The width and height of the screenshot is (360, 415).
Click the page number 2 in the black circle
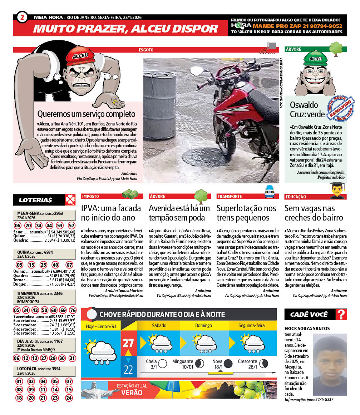(x=22, y=17)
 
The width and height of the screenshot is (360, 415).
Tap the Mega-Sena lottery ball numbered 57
(x=71, y=226)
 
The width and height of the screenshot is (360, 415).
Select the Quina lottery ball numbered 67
(x=69, y=265)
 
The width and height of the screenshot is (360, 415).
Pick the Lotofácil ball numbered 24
(x=69, y=397)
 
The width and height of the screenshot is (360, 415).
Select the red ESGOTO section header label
(x=146, y=50)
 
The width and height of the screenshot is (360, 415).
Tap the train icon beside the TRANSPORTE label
(x=269, y=194)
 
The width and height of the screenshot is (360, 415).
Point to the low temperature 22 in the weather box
(x=128, y=369)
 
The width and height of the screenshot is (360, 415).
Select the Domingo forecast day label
(x=203, y=326)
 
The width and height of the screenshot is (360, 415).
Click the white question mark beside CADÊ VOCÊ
(x=342, y=315)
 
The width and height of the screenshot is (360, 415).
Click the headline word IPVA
(x=90, y=208)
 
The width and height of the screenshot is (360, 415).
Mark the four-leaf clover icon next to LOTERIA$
(x=70, y=199)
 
